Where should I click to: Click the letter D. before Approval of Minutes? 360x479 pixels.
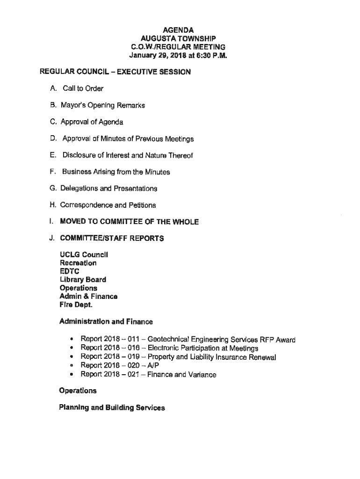[x=53, y=138]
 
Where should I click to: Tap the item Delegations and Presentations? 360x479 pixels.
[x=108, y=188]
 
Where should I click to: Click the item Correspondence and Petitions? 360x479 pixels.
[x=108, y=205]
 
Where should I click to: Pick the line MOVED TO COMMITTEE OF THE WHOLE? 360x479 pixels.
[x=129, y=222]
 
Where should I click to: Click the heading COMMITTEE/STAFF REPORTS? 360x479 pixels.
[x=111, y=238]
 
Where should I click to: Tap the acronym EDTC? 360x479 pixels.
[x=69, y=271]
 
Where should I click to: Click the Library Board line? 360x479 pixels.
[x=83, y=280]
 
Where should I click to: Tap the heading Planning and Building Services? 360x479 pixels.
[x=112, y=407]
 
